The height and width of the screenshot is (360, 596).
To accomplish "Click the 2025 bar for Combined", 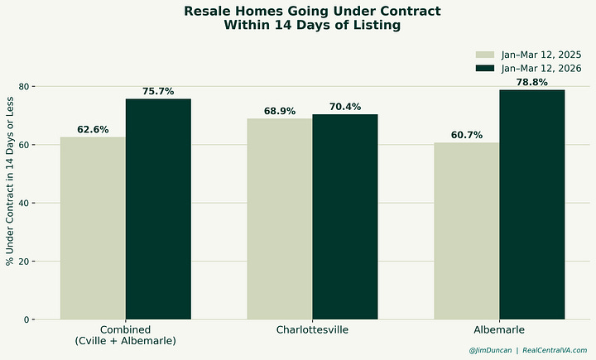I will coord(93,228).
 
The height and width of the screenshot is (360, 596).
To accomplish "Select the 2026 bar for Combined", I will coord(158,209).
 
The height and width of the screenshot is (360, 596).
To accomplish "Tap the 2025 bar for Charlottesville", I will coord(280,219).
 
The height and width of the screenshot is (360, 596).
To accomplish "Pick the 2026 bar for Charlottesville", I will coord(345,217).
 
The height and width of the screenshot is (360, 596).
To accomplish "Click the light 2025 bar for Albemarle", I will coord(467,231).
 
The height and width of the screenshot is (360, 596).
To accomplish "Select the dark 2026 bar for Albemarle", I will coord(532,204).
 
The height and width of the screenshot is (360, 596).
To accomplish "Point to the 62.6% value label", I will coord(93,130).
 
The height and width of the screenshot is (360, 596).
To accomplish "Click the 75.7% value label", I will coord(158,92).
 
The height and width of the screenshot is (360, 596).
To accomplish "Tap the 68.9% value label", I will coord(280,112).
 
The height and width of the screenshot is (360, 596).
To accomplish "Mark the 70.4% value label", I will coord(345,107).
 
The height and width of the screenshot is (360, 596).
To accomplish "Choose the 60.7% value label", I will coord(467,135).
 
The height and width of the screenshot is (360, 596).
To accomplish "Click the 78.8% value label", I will coord(532,83).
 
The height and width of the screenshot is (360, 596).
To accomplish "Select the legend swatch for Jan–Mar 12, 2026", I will coord(484,69).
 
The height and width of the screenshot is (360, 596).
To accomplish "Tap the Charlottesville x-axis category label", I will coord(312,330).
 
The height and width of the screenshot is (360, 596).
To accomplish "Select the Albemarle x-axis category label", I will coord(499,330).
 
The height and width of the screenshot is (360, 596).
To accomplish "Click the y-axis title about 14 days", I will coord(10,203).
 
